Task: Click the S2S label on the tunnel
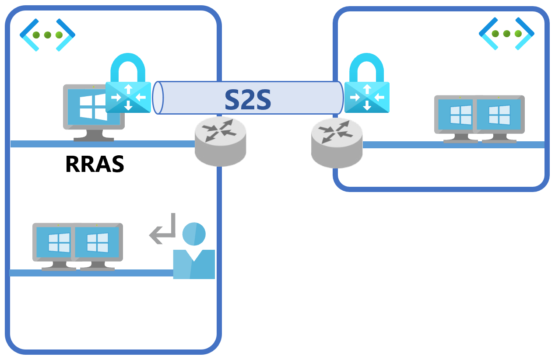[x=248, y=100]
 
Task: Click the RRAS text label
[x=95, y=164]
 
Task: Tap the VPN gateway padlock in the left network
[x=128, y=85]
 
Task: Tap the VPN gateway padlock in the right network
[x=367, y=85]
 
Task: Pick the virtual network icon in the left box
[x=48, y=35]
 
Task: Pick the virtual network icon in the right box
[x=506, y=33]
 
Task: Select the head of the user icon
[x=194, y=234]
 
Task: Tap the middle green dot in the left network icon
[x=48, y=35]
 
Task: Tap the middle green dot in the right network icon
[x=506, y=34]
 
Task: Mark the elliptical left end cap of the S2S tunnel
[x=158, y=98]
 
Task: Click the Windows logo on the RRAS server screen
[x=93, y=108]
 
